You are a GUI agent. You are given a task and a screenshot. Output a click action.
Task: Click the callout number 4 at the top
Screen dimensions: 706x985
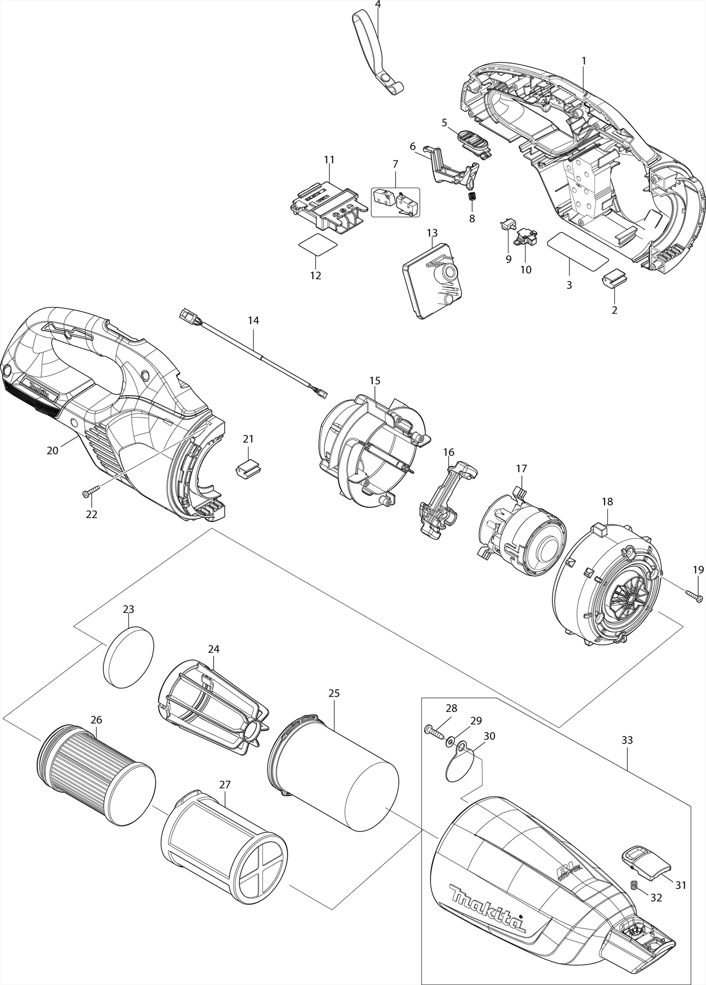(378, 5)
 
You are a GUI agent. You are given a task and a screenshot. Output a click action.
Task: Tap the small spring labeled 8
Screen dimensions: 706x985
(472, 196)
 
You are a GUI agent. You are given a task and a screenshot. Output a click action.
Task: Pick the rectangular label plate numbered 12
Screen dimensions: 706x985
(318, 245)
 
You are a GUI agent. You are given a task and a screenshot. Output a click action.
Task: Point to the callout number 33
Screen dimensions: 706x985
(627, 740)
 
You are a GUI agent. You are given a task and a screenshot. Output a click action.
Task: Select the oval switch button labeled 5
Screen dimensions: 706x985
(474, 144)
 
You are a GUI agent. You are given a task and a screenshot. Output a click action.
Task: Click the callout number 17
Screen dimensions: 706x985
(521, 468)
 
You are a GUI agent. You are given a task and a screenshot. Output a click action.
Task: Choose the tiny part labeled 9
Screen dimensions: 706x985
(507, 226)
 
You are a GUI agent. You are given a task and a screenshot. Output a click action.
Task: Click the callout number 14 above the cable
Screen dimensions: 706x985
(253, 320)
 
